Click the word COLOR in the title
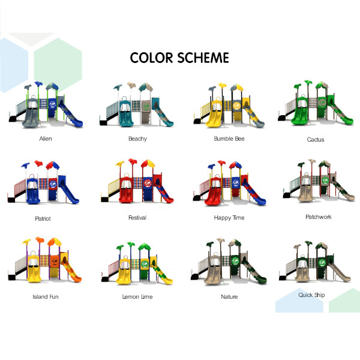[x=151, y=58]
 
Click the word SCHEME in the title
[x=203, y=58]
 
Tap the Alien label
[x=46, y=139]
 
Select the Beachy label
[x=137, y=139]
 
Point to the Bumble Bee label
[x=229, y=139]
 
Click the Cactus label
[x=316, y=140]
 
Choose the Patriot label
[x=43, y=218]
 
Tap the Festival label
[x=137, y=218]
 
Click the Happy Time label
[x=229, y=218]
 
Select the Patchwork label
[x=319, y=217]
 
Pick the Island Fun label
[x=46, y=296]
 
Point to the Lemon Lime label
[x=137, y=296]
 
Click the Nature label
[x=229, y=296]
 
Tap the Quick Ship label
[x=311, y=295]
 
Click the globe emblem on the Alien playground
[x=53, y=104]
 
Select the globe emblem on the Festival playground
[x=148, y=183]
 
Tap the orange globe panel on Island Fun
[x=55, y=261]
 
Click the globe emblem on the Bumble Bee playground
[x=237, y=106]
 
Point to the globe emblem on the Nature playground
[x=235, y=261]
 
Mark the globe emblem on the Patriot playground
[x=53, y=184]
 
